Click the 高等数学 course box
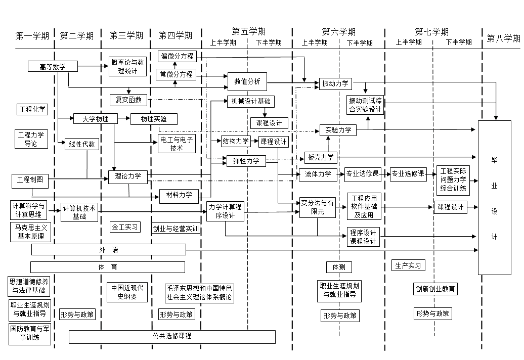point(53,66)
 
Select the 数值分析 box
point(247,80)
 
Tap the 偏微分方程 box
point(178,56)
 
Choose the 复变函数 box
point(128,100)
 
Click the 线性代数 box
point(81,144)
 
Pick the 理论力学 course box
point(128,176)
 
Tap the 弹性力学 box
point(246,161)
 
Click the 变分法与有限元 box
point(318,207)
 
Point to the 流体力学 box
point(318,174)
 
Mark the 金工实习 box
point(124,227)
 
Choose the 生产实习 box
point(408,265)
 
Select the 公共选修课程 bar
point(172,336)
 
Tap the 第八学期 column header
point(503,37)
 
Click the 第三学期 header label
point(126,35)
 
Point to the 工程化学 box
point(32,109)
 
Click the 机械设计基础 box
point(250,101)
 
